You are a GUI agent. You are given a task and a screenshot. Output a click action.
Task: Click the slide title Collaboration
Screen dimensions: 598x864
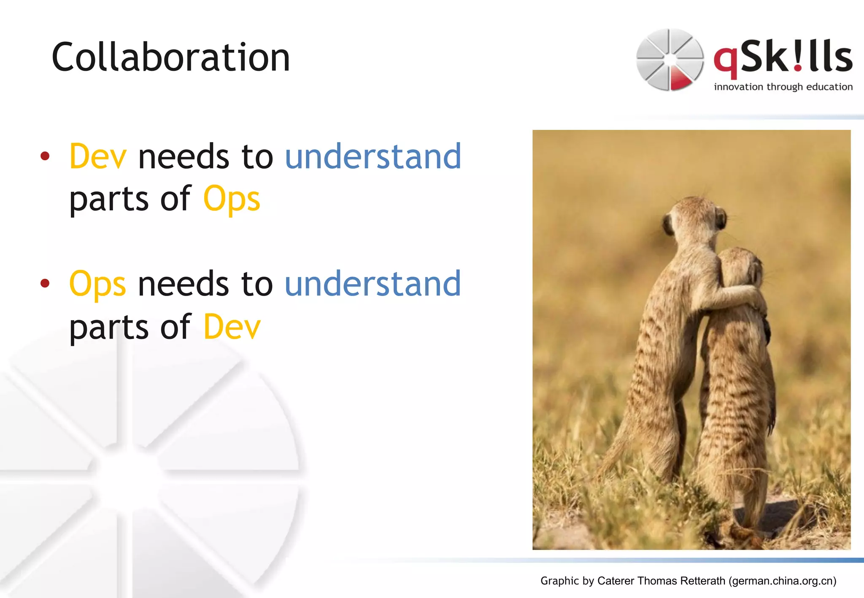coord(170,57)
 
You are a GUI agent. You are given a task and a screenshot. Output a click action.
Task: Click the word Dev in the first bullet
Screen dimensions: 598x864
coord(98,156)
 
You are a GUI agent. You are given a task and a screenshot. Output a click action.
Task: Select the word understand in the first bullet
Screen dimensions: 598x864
coord(373,156)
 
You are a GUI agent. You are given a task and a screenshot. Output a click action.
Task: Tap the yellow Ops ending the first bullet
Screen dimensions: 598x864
coord(232,199)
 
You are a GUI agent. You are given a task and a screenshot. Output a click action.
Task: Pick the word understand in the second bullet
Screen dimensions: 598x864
coord(373,284)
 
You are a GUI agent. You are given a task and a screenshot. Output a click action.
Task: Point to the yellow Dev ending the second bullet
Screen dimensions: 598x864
coord(232,327)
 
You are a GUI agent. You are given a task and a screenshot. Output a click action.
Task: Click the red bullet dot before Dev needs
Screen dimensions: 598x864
coord(45,157)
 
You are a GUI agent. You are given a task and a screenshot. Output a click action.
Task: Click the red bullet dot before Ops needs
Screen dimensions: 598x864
coord(45,284)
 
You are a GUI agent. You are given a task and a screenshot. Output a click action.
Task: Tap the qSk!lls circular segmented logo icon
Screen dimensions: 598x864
coord(670,59)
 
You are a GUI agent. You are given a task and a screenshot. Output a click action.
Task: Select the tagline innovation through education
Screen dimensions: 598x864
coord(783,87)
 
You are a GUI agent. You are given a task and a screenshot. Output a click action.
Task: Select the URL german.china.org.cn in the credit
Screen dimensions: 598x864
coord(783,581)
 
